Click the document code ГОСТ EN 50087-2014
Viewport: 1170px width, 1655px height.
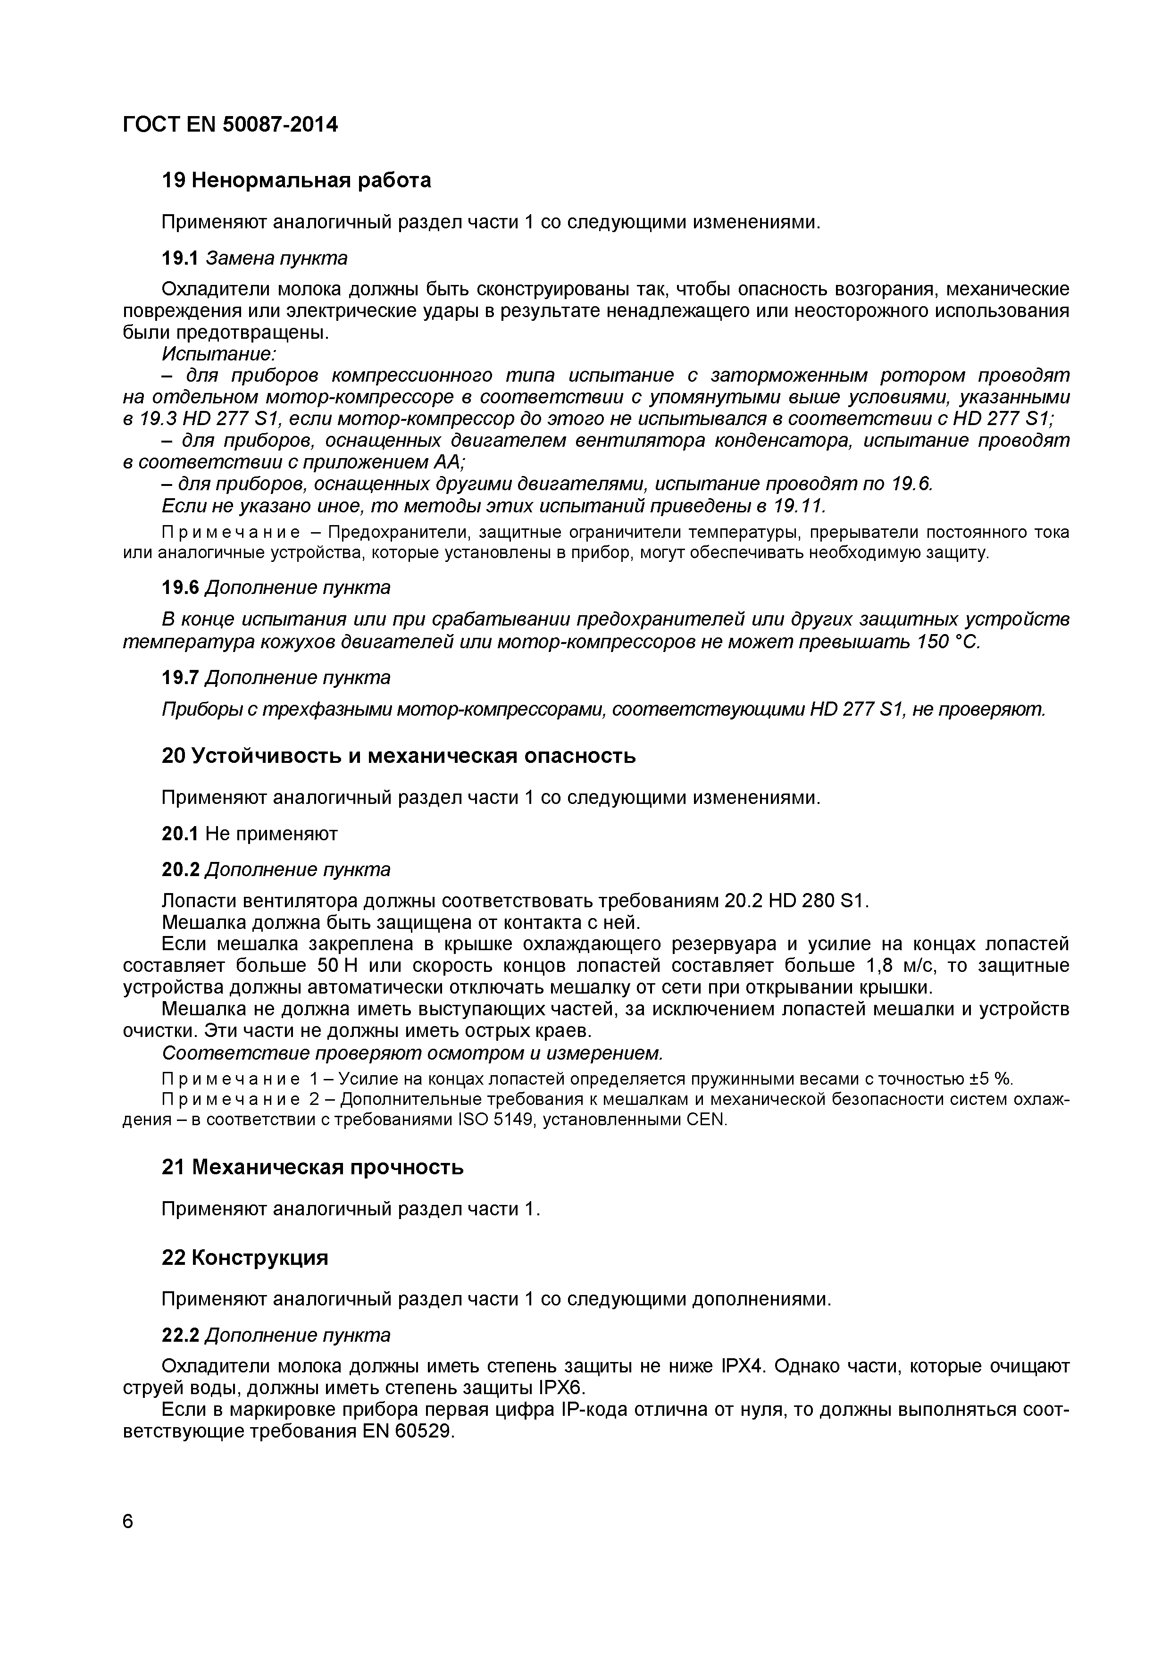coord(230,125)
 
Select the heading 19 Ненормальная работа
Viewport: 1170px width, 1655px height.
coord(296,180)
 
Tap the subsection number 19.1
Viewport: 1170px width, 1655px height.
coord(179,258)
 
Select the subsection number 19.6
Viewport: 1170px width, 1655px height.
coord(179,587)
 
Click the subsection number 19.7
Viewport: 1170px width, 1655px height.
coord(179,677)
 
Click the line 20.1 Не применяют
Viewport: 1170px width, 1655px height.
coord(250,834)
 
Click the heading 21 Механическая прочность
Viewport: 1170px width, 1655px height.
coord(312,1167)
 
